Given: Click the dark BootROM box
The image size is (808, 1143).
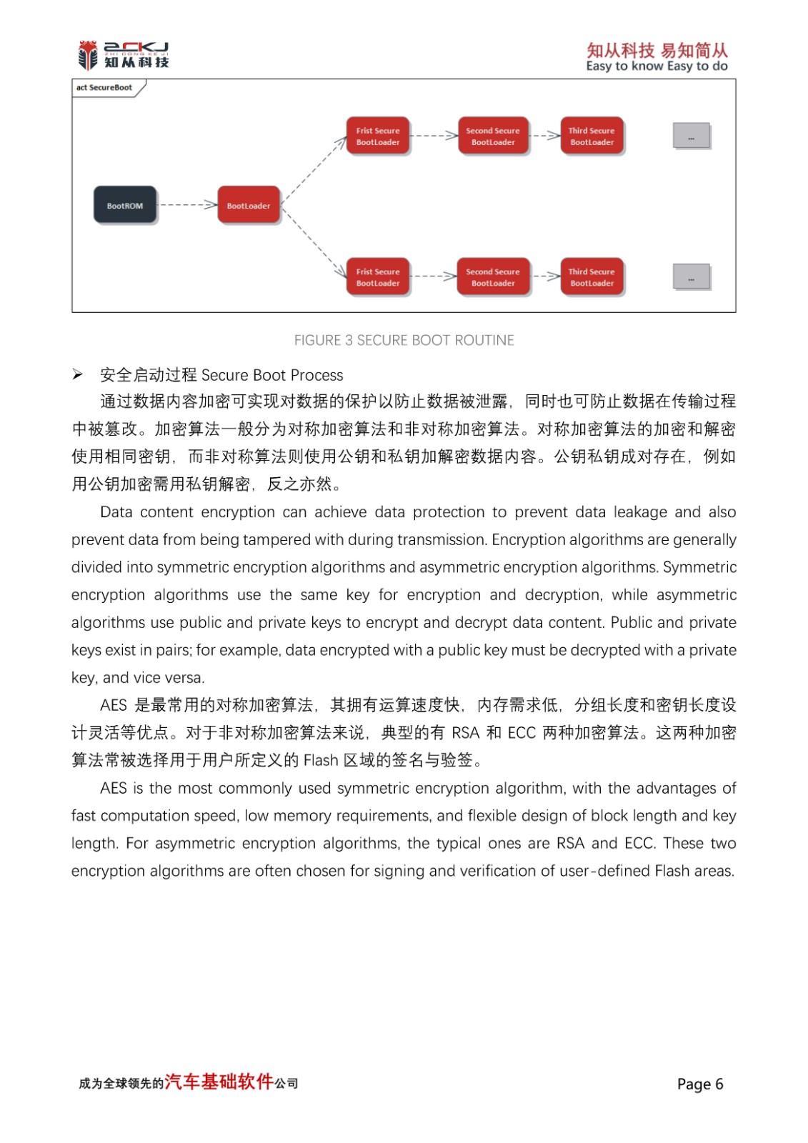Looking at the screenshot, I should click(125, 205).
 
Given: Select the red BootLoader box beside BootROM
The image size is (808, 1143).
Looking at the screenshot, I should click(248, 205).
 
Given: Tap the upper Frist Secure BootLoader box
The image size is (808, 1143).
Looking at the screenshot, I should click(378, 136).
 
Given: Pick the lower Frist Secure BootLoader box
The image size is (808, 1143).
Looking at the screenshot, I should click(378, 276).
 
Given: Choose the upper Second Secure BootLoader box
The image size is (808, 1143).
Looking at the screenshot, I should click(493, 136).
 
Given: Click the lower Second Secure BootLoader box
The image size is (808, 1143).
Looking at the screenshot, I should click(493, 276).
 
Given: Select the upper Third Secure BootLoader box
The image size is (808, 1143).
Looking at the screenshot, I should click(592, 136).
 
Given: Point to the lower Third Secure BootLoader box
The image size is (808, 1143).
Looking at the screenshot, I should click(592, 276).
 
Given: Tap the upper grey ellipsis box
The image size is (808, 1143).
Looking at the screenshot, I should click(691, 136).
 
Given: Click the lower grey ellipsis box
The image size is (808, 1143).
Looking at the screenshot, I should click(691, 276).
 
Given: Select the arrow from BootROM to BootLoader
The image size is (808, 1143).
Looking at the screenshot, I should click(187, 205).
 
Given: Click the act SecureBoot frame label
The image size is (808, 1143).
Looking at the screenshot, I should click(104, 88).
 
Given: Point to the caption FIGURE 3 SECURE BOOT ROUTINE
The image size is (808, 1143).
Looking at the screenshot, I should click(404, 340).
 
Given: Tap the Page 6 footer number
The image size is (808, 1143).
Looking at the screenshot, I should click(699, 1084).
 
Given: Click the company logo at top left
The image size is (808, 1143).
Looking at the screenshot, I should click(123, 55).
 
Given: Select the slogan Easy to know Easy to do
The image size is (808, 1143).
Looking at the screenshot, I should click(657, 66).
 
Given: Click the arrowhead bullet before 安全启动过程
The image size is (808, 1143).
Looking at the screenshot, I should click(77, 375).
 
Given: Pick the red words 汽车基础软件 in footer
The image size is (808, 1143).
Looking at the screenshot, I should click(219, 1082).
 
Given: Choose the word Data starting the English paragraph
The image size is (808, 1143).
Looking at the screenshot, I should click(116, 512).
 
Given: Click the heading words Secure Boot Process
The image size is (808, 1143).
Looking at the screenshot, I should click(272, 375).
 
